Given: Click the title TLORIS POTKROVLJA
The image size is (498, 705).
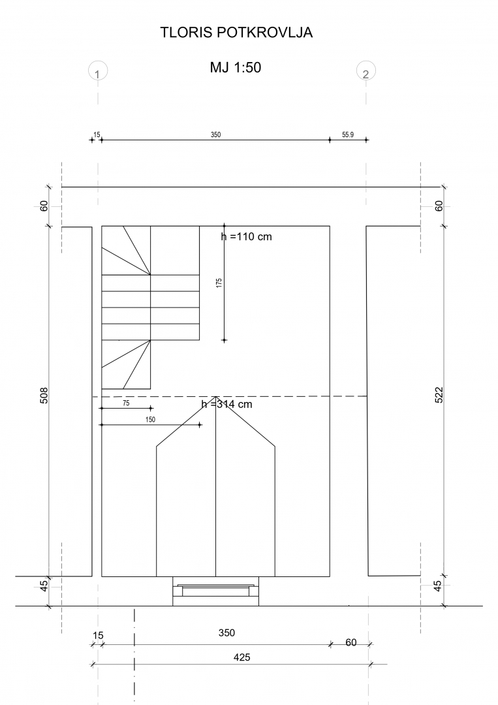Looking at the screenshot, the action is click(236, 33).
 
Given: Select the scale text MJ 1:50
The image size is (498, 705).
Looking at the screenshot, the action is click(236, 67).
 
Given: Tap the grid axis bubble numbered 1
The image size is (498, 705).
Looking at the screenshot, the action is click(98, 71).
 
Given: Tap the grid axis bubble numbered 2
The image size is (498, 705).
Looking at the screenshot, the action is click(366, 71).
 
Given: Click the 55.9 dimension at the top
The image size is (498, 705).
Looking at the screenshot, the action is click(348, 134).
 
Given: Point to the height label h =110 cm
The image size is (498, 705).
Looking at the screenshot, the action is click(246, 236).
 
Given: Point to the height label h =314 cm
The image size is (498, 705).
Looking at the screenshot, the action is click(226, 404).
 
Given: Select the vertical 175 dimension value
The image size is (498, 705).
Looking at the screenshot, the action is click(219, 283).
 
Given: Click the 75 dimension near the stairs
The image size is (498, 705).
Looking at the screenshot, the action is click(126, 403).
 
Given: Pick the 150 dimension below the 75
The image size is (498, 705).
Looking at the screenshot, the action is click(150, 420).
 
